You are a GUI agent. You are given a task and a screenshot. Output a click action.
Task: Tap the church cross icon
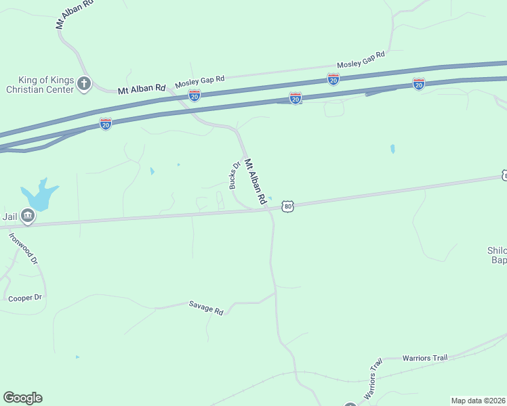click(84, 83)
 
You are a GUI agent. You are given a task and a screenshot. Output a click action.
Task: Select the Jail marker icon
click(28, 216)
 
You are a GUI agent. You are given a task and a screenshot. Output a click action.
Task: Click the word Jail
click(9, 217)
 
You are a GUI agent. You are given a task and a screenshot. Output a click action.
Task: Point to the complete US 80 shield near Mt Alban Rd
click(289, 206)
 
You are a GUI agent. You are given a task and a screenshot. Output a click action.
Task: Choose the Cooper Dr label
click(25, 298)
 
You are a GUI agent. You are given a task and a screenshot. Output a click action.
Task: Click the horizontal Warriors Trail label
click(425, 357)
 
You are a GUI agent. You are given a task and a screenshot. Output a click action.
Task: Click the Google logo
click(22, 398)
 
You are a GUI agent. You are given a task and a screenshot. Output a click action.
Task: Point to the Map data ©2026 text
click(479, 401)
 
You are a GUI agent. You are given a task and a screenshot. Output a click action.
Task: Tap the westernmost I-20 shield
click(105, 124)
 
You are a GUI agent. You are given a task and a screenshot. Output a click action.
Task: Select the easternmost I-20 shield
click(419, 84)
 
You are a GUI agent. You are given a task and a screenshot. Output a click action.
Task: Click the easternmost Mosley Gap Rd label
click(361, 60)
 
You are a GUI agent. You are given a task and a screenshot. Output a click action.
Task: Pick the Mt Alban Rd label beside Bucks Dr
click(256, 181)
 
